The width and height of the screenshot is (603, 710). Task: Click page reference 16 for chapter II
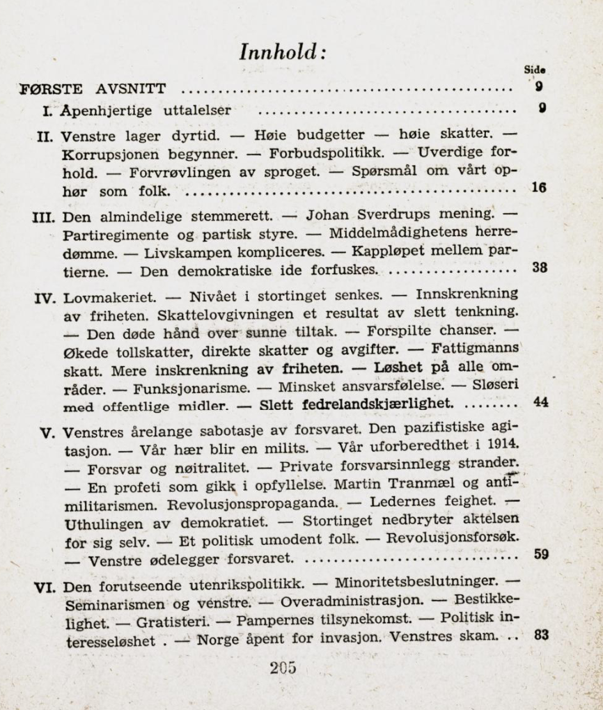click(x=538, y=187)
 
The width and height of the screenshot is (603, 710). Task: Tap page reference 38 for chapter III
click(x=539, y=267)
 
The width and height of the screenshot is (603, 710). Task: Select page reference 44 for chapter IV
click(x=540, y=402)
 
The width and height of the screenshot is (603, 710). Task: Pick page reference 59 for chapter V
click(x=540, y=555)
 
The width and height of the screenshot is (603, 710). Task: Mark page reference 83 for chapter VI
click(x=540, y=635)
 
